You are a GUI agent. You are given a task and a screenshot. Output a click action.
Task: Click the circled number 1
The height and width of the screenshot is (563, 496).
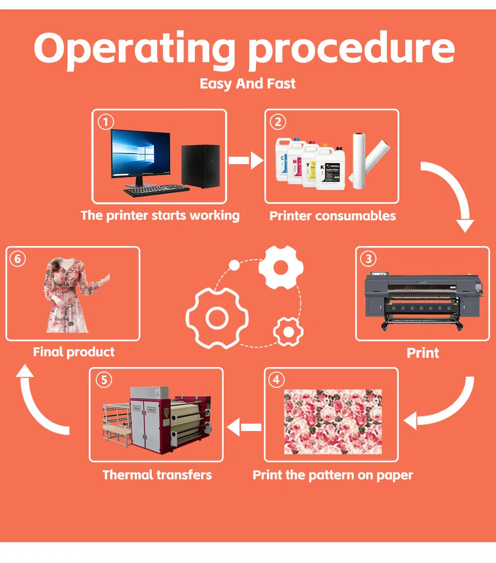coord(106,122)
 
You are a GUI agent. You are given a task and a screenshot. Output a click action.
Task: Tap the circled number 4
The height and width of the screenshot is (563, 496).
coord(276,380)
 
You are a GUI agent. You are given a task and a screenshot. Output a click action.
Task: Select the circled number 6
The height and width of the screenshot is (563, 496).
coord(17,259)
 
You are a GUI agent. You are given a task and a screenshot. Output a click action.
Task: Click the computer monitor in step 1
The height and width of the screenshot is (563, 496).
coord(140,155)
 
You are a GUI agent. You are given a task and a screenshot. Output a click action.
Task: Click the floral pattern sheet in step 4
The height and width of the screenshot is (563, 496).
coord(333,422)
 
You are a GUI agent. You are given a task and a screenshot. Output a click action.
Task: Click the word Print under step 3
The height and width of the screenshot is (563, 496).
coord(423,353)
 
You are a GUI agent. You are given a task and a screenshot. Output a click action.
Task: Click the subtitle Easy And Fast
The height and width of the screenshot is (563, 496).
coord(248,83)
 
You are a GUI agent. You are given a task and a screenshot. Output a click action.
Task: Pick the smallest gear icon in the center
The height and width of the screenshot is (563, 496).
coord(288,331)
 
